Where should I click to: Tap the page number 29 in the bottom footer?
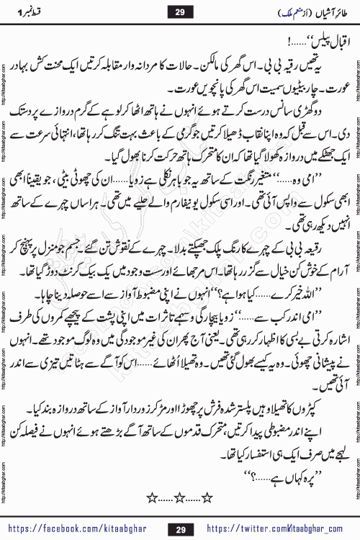[179, 529]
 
